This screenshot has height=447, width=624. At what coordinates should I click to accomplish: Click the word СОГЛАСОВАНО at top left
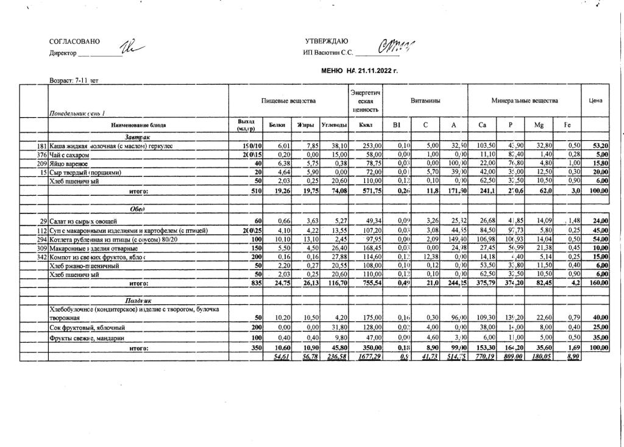74,42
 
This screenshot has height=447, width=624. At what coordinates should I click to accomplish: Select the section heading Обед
138,209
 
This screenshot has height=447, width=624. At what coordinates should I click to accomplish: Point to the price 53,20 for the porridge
600,146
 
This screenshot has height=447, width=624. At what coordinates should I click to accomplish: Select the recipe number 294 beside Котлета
42,239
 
